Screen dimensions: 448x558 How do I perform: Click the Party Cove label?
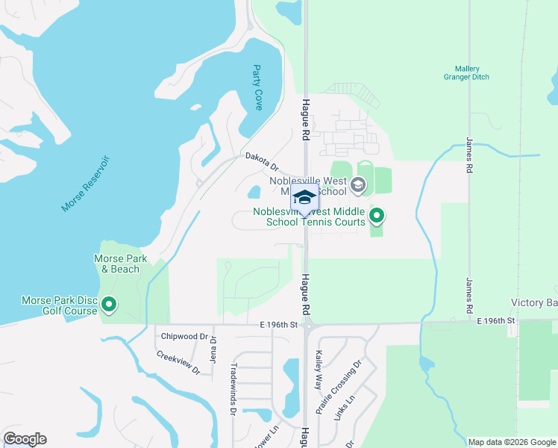tap(258, 87)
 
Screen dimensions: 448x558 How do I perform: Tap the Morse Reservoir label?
tap(85, 184)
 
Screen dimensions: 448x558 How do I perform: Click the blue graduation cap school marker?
tap(304, 198)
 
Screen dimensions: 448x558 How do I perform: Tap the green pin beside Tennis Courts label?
tap(377, 217)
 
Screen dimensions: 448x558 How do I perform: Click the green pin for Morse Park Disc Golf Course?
tap(109, 304)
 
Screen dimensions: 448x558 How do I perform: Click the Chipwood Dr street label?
tap(184, 336)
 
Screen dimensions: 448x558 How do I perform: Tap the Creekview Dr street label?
tap(179, 362)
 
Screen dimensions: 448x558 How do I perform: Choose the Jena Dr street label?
tap(213, 348)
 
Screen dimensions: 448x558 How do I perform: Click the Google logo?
tap(25, 438)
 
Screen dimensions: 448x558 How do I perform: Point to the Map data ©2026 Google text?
tap(512, 442)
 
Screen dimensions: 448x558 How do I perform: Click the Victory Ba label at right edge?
tap(533, 302)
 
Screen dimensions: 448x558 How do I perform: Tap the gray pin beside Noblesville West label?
tap(358, 184)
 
